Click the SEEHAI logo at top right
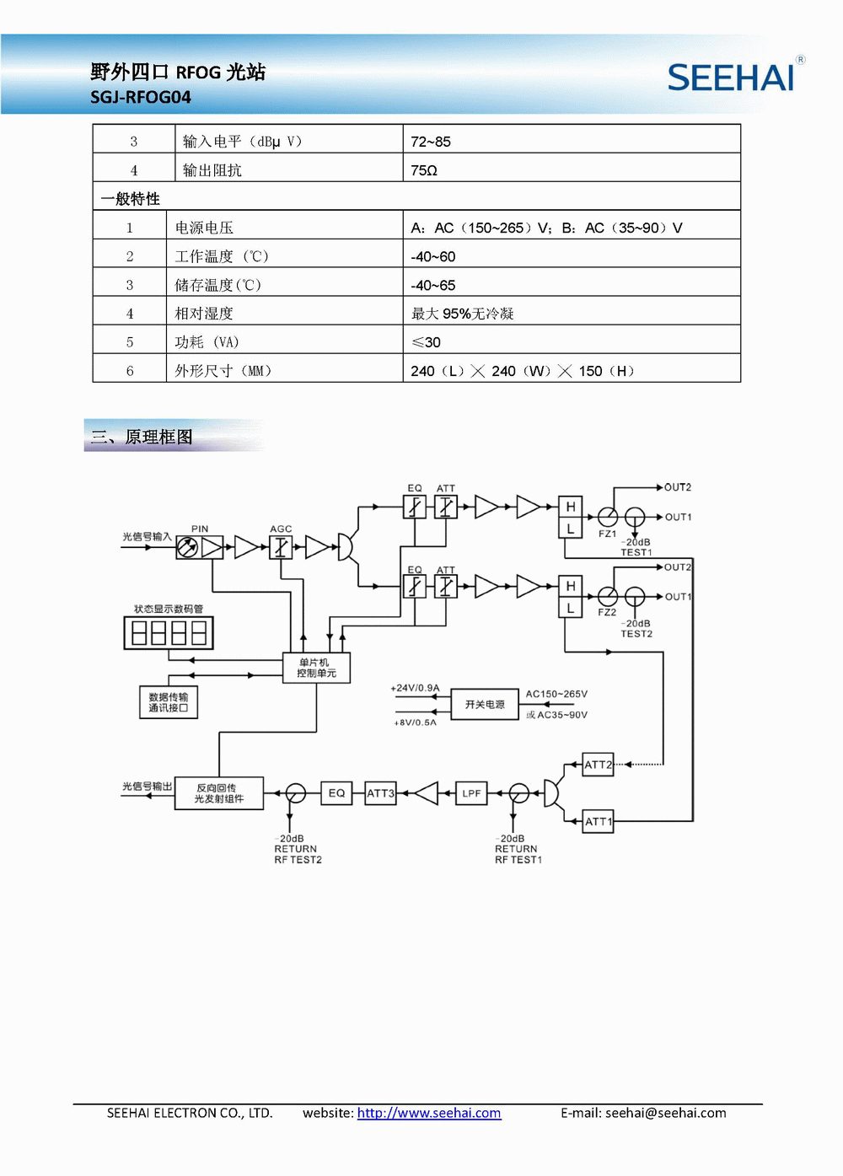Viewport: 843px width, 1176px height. (732, 77)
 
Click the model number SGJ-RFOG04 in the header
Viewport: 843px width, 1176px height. (141, 97)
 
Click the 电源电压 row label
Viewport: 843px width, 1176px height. (204, 228)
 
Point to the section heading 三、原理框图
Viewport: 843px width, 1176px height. (142, 437)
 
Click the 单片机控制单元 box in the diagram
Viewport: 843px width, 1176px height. (316, 668)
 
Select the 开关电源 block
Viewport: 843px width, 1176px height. (485, 704)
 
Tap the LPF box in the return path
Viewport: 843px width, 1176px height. (471, 793)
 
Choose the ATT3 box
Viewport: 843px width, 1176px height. (380, 793)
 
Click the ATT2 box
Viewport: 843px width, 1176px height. (598, 765)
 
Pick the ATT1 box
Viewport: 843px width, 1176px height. (598, 821)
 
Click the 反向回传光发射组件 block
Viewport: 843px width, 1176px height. (219, 793)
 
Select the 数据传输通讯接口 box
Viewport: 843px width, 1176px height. (169, 702)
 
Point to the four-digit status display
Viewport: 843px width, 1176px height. (169, 632)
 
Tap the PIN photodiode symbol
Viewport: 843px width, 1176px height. (188, 548)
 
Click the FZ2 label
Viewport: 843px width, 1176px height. (607, 612)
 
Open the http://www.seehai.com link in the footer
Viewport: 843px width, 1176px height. (429, 1113)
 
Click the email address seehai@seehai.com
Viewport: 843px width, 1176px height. (665, 1113)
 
